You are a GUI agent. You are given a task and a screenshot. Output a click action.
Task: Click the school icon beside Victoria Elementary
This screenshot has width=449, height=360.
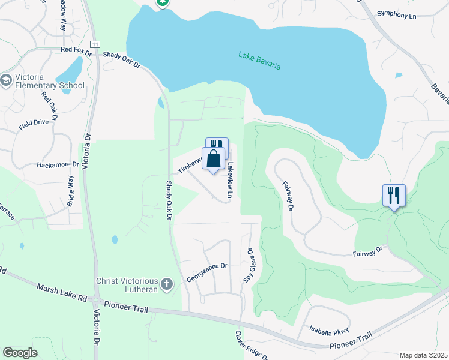tap(6, 80)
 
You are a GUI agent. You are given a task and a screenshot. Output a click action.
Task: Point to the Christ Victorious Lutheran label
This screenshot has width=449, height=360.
tap(127, 286)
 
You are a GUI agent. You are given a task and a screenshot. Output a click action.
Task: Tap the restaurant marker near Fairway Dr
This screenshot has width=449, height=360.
tap(394, 195)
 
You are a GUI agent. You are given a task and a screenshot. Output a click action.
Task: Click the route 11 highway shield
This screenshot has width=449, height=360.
tap(95, 44)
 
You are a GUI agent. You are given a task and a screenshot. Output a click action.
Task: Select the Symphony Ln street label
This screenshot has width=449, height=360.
tap(397, 13)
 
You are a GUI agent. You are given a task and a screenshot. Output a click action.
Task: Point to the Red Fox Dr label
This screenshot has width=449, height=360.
tap(76, 51)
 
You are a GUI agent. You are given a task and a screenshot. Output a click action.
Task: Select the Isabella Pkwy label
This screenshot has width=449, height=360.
tap(328, 329)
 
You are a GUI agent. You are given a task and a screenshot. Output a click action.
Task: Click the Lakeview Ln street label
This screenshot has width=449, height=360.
tap(229, 180)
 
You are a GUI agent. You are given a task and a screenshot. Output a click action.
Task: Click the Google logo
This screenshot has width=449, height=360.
tap(19, 352)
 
